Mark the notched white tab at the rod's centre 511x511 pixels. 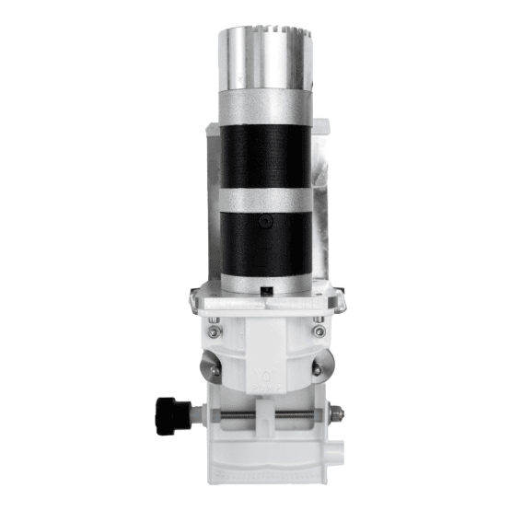click(x=265, y=413)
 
